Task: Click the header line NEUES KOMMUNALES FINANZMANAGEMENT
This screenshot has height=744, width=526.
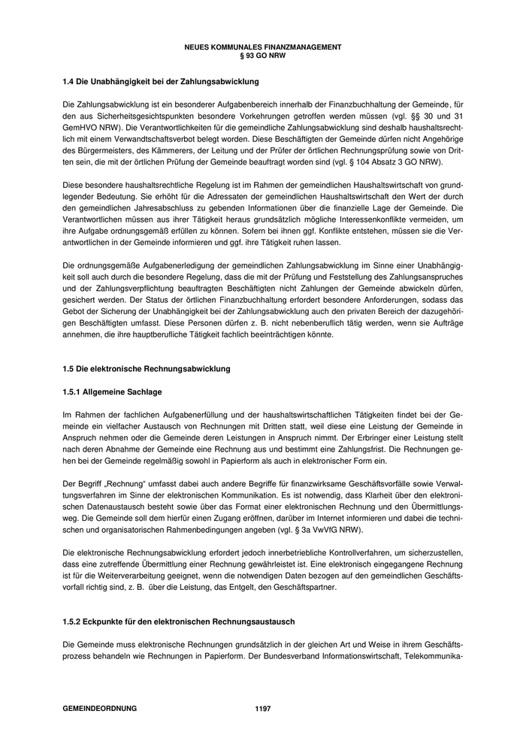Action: coord(262,47)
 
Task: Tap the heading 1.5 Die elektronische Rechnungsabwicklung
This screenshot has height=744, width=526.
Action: coord(146,368)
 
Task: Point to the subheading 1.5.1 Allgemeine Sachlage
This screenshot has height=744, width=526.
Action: coord(112,392)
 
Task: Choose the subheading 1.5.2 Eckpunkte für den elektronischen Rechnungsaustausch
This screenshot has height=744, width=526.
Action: coord(179,623)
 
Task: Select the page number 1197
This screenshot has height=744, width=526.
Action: coord(263,708)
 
